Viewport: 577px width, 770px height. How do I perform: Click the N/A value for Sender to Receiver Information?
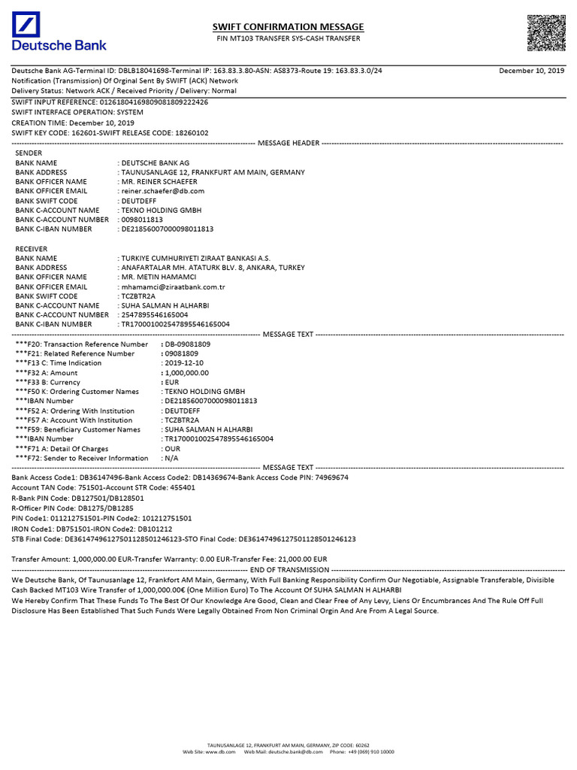172,458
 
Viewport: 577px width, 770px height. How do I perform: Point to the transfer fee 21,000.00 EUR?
298,559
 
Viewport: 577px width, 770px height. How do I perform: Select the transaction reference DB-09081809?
188,344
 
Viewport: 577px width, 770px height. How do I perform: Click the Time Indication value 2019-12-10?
185,362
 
